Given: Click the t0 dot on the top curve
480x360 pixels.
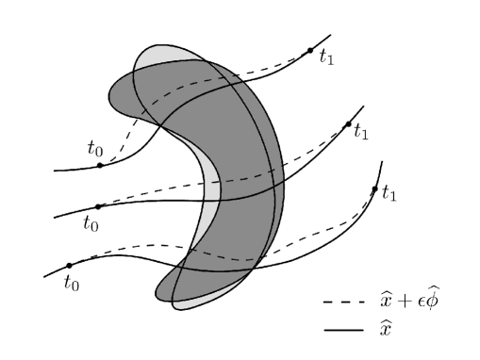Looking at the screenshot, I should coord(100,166).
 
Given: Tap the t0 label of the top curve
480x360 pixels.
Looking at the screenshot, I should coord(93,149).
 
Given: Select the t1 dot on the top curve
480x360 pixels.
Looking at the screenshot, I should coord(310,50).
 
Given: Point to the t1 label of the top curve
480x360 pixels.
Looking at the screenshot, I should coord(326,57).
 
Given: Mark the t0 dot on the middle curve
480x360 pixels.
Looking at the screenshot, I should coord(98,206).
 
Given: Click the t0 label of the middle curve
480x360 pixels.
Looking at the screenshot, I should coord(91,224).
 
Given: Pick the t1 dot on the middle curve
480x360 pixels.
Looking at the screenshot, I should coord(349,124).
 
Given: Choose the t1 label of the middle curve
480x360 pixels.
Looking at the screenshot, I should coord(361,133).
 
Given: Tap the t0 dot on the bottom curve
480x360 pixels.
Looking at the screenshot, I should coord(69,266).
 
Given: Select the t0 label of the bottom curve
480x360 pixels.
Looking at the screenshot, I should coord(71,282).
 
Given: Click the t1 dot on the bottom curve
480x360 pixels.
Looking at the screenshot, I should coord(375,189).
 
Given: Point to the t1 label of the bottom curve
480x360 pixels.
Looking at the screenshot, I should coord(389,196).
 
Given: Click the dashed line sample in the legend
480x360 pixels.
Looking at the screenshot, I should coord(339,303).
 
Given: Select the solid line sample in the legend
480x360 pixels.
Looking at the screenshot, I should coord(339,330).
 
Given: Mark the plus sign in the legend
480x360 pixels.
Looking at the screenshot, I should coord(402,303).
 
